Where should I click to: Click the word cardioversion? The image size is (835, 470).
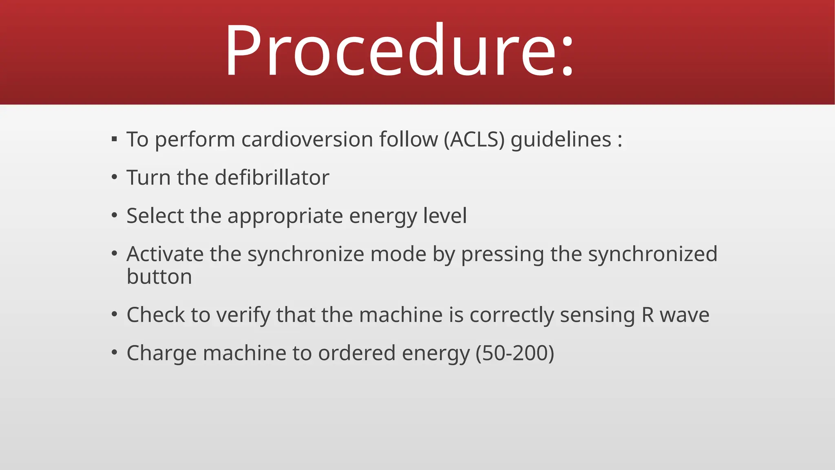[307, 140]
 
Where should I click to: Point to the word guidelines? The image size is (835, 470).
[561, 140]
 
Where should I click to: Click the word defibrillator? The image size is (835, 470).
[272, 177]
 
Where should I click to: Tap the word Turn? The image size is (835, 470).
[148, 177]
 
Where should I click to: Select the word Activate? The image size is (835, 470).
[165, 254]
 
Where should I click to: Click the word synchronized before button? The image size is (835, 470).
[652, 254]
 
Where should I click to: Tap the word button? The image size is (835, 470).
[159, 277]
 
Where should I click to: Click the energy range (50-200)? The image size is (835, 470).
[515, 353]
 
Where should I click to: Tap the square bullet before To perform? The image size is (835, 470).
[114, 140]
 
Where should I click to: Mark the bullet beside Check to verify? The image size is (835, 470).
[114, 315]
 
